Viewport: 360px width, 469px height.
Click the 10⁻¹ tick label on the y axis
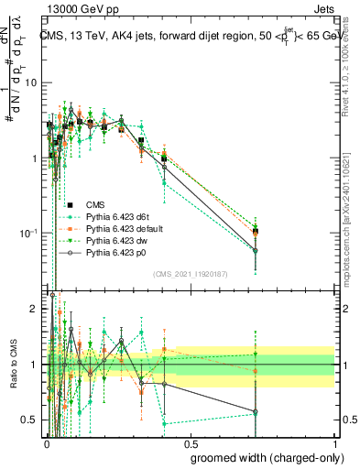[31, 233]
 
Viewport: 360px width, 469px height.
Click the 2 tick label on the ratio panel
[37, 309]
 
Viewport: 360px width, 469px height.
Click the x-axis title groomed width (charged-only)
[262, 456]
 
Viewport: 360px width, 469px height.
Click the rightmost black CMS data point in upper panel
[256, 232]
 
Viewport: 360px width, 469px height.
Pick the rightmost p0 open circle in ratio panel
[256, 412]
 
